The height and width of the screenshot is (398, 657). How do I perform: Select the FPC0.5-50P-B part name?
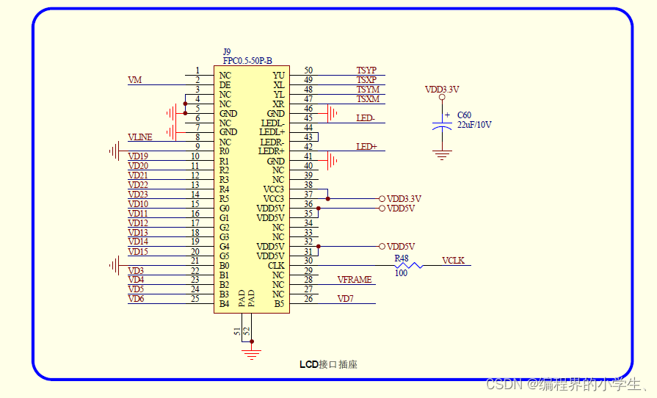(x=247, y=61)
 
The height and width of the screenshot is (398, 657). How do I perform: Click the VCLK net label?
(x=453, y=261)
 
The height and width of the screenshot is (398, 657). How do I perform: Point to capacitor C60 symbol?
(x=441, y=123)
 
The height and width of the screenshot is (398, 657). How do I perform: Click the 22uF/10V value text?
(x=474, y=126)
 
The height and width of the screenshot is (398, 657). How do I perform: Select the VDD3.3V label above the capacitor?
(x=442, y=90)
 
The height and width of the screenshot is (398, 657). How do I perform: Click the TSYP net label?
(x=366, y=70)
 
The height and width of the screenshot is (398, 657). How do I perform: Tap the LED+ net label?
(x=366, y=147)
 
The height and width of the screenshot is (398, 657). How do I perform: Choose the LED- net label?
(x=366, y=118)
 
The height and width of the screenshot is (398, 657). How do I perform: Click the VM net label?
(x=134, y=80)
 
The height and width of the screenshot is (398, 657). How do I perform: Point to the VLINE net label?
(x=140, y=137)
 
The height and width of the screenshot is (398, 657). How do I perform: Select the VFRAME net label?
(x=354, y=280)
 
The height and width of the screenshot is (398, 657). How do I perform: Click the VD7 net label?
(x=346, y=299)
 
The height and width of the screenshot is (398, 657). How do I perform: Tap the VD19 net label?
(x=138, y=156)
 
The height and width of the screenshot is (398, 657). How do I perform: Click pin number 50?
(x=308, y=70)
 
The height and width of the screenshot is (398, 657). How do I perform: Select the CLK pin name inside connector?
(x=276, y=266)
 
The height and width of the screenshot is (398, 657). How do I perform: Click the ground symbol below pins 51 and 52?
(x=252, y=354)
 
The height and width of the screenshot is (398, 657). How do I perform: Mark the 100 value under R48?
(x=401, y=274)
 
